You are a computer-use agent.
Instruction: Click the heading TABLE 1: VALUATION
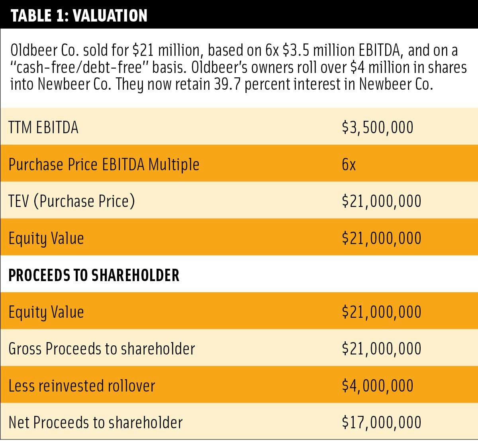coord(79,15)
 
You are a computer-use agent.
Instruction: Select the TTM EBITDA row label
coord(43,128)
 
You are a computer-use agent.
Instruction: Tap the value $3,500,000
coord(378,128)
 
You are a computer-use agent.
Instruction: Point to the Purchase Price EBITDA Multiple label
coord(104,165)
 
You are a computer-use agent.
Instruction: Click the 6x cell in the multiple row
coord(349,165)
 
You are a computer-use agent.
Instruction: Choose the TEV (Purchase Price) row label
coord(72,201)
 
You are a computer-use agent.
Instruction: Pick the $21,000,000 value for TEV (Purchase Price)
coord(381,201)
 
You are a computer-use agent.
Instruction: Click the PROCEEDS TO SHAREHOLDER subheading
coord(94,276)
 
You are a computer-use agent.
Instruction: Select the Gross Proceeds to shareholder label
coord(102,349)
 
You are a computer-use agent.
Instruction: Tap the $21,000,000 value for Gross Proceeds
coord(381,349)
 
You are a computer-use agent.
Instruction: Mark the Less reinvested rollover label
coord(82,386)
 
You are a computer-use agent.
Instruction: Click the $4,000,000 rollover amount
coord(378,386)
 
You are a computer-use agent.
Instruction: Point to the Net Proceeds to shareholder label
coord(96,423)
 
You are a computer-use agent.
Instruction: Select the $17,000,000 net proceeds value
coord(381,423)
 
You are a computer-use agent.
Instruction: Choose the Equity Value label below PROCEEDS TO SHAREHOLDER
coord(46,312)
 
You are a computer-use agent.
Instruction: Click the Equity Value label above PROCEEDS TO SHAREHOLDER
coord(46,238)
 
